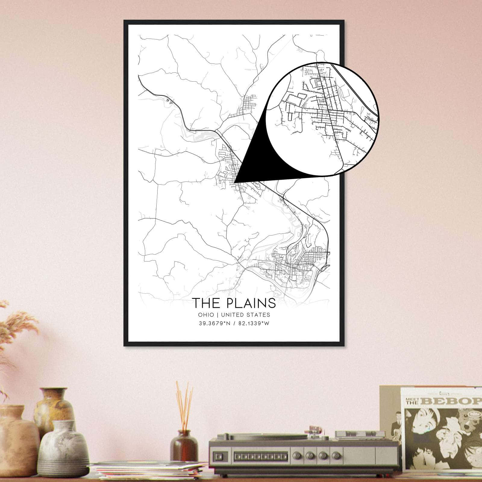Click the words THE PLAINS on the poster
coord(234,303)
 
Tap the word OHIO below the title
coord(206,315)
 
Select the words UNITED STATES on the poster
coord(245,315)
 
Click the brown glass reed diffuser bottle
coord(184,446)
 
